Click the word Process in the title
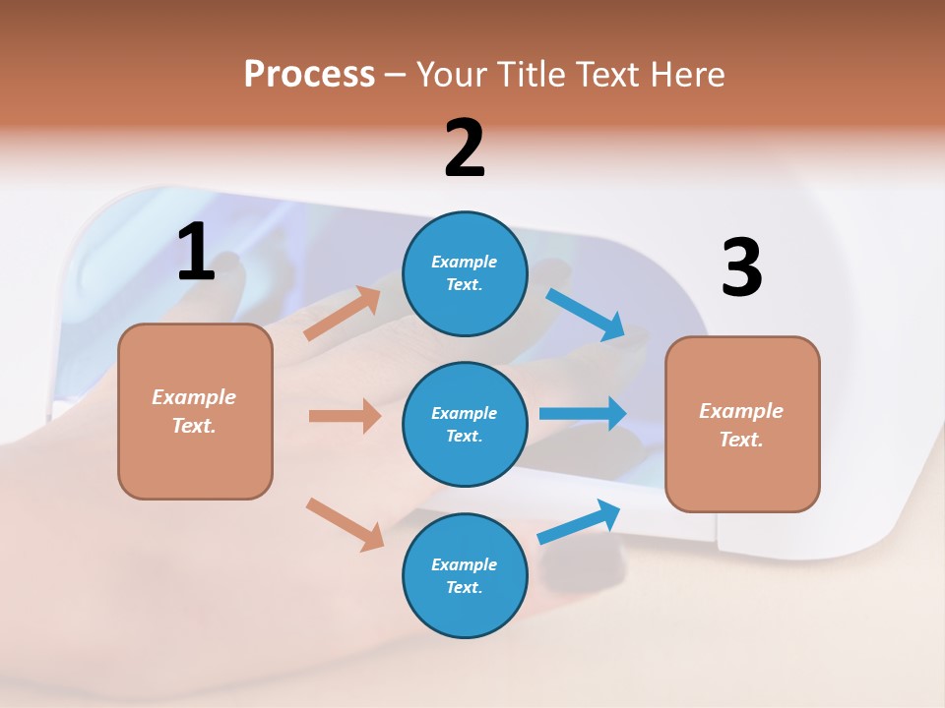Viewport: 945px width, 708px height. click(309, 75)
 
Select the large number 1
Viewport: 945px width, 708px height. click(196, 253)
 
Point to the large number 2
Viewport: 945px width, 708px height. click(465, 148)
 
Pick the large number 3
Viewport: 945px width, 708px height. click(741, 267)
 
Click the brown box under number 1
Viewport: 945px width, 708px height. click(195, 411)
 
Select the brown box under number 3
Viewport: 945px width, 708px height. click(742, 424)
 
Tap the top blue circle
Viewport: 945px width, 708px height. click(465, 272)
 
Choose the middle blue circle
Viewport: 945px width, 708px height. click(465, 424)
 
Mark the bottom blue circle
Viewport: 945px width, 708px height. click(465, 575)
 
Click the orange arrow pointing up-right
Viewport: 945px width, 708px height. click(343, 314)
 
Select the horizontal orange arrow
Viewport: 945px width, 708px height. click(345, 416)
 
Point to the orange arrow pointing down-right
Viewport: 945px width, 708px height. click(346, 524)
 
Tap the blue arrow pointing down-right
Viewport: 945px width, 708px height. click(586, 315)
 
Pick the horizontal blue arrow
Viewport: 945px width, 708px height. click(583, 413)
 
